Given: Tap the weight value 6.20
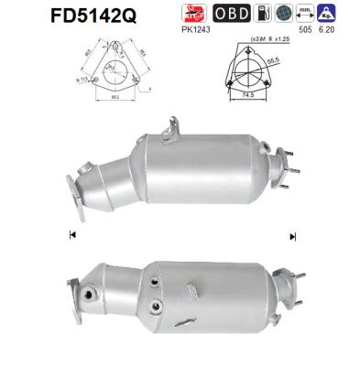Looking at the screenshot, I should [x=325, y=28].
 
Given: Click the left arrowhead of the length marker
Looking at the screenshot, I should [x=72, y=235].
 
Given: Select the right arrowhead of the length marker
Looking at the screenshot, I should [x=292, y=235].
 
